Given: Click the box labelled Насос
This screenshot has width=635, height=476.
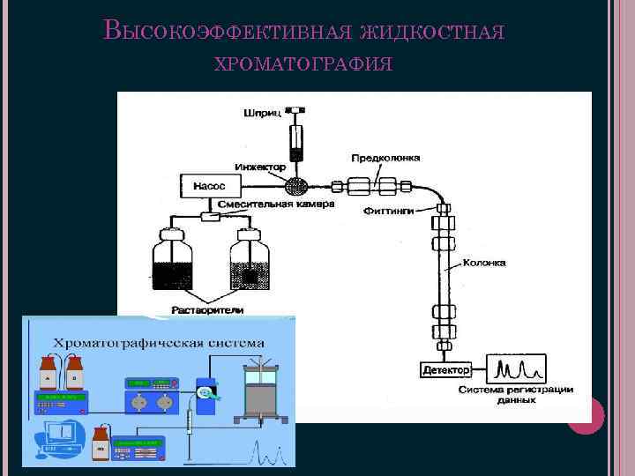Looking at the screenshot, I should click(209, 186).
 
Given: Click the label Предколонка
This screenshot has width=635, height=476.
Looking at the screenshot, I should click(386, 159).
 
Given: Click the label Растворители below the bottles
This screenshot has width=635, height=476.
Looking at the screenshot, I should click(207, 309).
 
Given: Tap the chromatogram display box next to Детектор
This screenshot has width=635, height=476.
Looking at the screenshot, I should click(520, 368).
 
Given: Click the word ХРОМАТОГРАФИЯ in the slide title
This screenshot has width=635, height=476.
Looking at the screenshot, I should click(303, 64).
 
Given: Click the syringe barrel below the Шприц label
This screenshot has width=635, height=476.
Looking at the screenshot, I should click(295, 139).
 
